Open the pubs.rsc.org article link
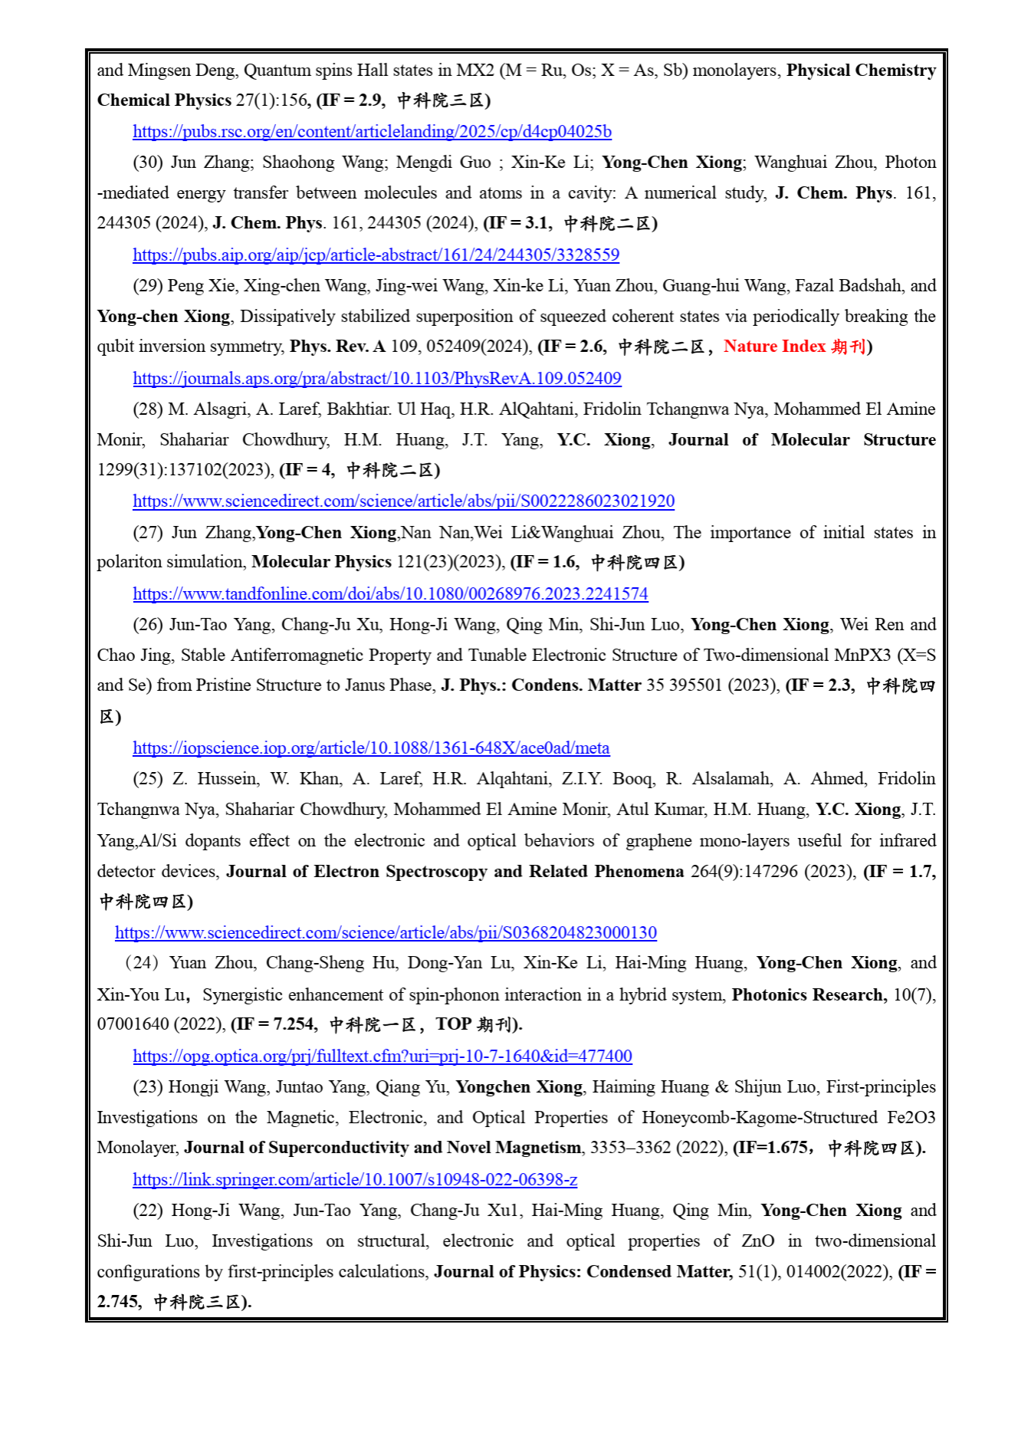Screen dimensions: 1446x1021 tap(372, 132)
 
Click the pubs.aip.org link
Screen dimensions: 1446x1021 tap(376, 255)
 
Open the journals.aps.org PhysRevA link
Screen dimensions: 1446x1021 tap(376, 379)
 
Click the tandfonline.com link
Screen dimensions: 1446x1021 tap(390, 594)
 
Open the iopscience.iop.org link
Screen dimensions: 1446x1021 tap(371, 748)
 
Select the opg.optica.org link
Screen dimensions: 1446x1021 tap(382, 1057)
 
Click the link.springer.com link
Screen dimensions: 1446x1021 tap(355, 1180)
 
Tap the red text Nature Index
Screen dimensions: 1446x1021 tap(774, 347)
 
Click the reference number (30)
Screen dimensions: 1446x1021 tap(148, 163)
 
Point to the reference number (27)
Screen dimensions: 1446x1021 tap(148, 533)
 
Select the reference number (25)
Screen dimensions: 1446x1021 tap(148, 779)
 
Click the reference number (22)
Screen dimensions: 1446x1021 tap(148, 1211)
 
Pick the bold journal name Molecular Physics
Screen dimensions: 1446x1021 tap(321, 562)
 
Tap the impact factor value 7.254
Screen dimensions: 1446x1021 tap(294, 1025)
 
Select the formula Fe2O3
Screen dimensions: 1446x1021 tap(908, 1118)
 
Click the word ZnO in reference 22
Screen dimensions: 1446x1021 tap(757, 1241)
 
